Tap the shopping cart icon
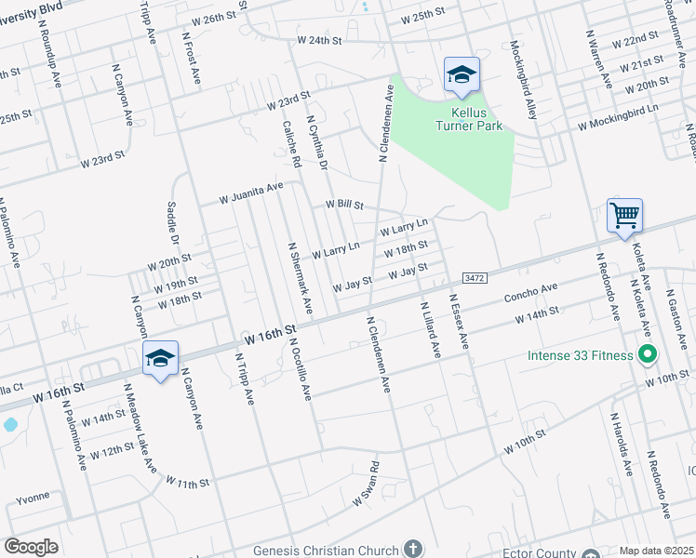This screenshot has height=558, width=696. pos(624,215)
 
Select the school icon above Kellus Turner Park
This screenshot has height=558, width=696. pos(462,75)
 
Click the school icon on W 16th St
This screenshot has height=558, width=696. pos(160,359)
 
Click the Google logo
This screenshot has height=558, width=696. pos(31,546)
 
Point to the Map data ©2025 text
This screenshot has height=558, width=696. pos(656,551)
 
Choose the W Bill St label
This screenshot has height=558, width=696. pos(343,205)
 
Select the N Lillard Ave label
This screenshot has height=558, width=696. pos(429,330)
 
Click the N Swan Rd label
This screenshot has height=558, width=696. pos(366,485)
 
